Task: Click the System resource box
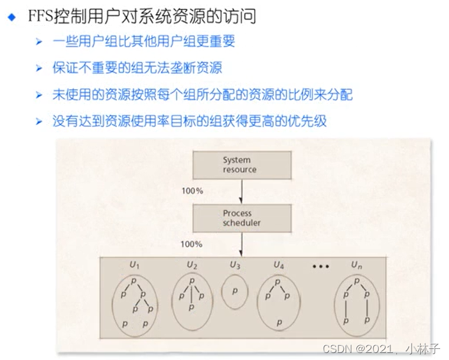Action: coord(242,165)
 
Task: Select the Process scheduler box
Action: coord(242,218)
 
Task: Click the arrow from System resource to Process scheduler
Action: coord(242,191)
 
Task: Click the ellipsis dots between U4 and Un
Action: coord(320,267)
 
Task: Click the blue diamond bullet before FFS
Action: coord(11,17)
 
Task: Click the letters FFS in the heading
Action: coord(40,17)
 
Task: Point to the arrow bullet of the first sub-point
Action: coord(39,42)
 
